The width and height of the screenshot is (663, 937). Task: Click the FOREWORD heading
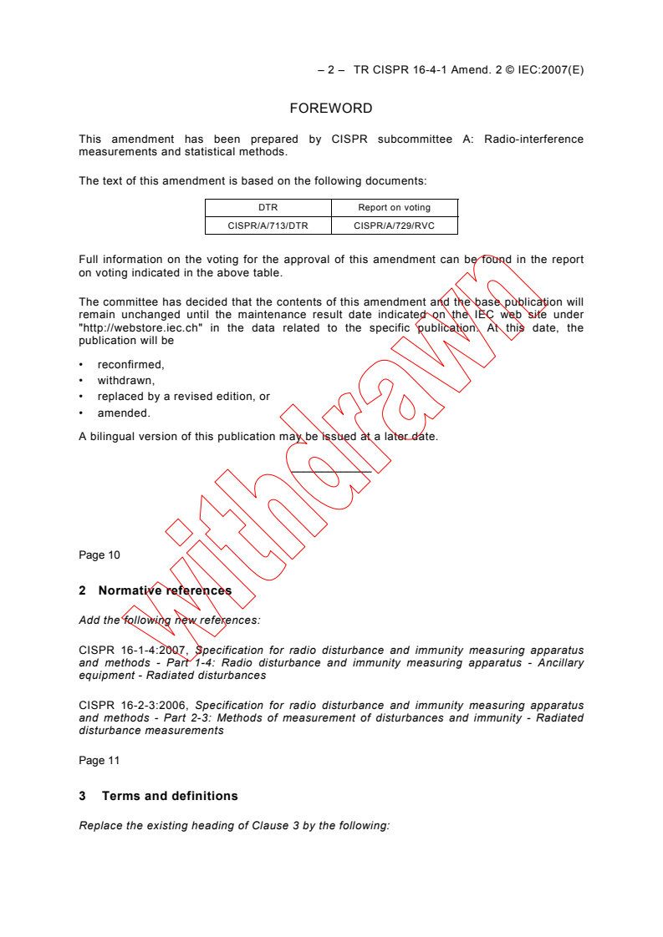coord(331,109)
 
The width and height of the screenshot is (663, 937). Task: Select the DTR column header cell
coord(268,208)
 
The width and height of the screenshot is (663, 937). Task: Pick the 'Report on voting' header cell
coord(394,208)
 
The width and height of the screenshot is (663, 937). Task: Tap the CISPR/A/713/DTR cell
coord(268,225)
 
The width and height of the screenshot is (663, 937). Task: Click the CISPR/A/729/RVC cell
coord(394,225)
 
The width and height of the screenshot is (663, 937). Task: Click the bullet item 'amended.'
coord(124,413)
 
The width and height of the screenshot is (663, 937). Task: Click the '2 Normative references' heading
coord(156,590)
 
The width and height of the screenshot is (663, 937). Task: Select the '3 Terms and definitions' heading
coord(158,796)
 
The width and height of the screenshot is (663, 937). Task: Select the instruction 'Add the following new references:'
coord(170,620)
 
